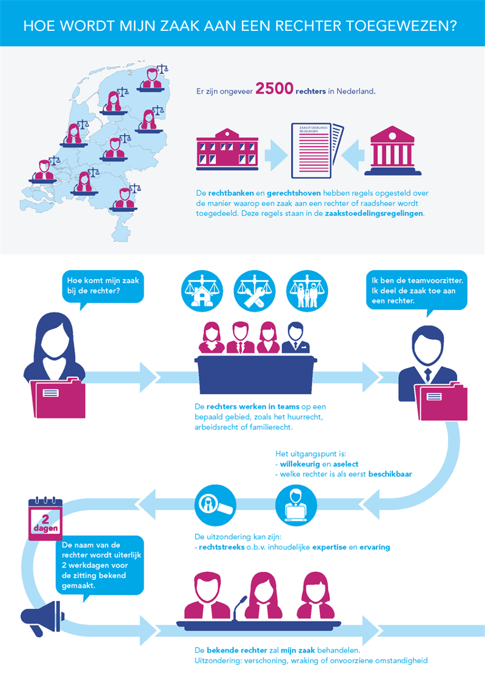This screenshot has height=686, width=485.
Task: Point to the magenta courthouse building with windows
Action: point(227,149)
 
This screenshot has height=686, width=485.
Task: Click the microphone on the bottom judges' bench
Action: point(242,605)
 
